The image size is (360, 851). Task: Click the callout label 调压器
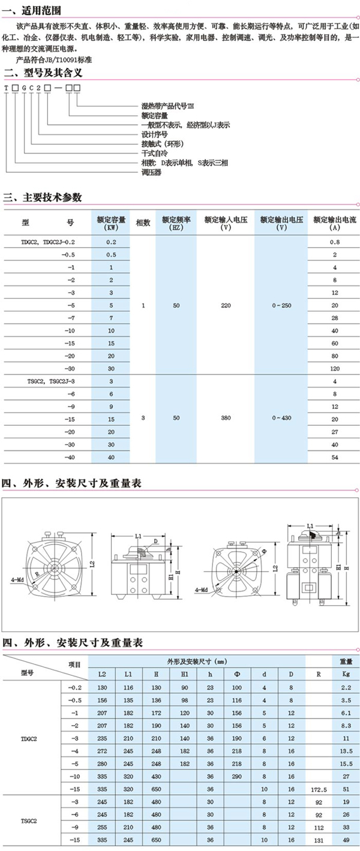151,172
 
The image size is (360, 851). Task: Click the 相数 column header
143,222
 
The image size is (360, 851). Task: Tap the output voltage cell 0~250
281,305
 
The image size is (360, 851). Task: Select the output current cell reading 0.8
335,242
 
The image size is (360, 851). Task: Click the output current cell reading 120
335,368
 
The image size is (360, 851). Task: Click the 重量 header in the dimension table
346,661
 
